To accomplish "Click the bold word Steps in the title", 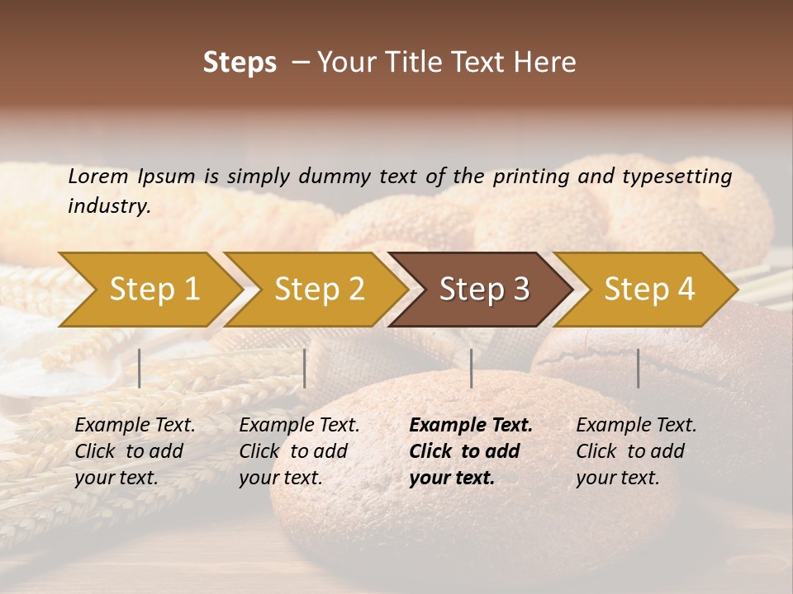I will pyautogui.click(x=240, y=63).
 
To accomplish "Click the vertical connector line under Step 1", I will pyautogui.click(x=140, y=368).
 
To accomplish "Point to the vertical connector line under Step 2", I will pyautogui.click(x=305, y=368).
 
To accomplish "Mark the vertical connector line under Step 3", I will pyautogui.click(x=471, y=368).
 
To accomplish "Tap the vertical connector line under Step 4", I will pyautogui.click(x=638, y=368).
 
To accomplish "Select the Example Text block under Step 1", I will pyautogui.click(x=135, y=451).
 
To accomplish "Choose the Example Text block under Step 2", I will pyautogui.click(x=299, y=451).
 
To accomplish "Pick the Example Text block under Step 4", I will pyautogui.click(x=636, y=451).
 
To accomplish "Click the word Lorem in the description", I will pyautogui.click(x=98, y=176).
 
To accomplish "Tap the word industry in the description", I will pyautogui.click(x=109, y=206).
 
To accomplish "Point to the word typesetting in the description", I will pyautogui.click(x=677, y=177).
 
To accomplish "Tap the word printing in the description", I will pyautogui.click(x=525, y=177).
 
